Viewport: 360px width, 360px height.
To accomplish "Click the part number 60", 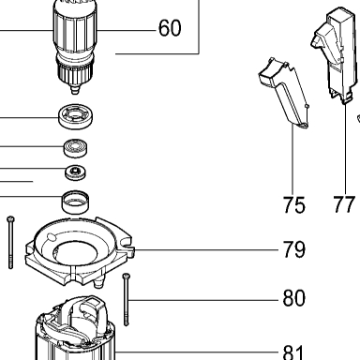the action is (170, 28).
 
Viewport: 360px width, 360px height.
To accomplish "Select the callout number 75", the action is (293, 204).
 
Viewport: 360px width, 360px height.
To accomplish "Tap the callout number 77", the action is (344, 204).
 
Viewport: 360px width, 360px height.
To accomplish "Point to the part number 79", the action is (293, 249).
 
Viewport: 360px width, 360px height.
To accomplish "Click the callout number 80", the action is (293, 298).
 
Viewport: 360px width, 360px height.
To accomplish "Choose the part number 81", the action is (293, 352).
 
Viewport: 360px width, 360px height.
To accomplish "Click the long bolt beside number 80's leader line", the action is (126, 299).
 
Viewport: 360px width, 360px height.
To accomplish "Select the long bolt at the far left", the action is (10, 242).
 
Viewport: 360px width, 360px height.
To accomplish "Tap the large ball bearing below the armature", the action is (75, 116).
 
